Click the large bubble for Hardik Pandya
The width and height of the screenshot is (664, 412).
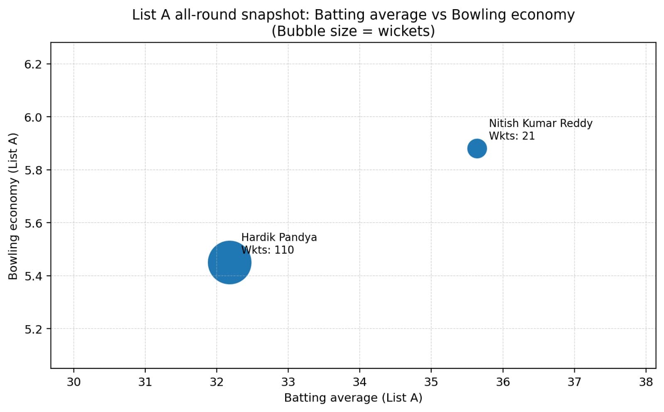229,262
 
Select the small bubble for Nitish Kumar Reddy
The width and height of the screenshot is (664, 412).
477,148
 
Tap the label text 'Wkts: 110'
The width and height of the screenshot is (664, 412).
268,250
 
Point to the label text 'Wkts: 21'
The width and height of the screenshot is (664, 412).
512,136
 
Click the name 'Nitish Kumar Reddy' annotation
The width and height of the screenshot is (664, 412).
540,123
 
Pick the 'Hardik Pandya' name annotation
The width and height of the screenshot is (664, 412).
279,238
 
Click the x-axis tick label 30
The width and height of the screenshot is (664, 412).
73,382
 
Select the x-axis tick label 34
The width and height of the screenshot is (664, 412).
359,382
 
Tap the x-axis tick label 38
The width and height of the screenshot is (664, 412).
646,382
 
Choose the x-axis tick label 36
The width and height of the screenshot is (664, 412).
503,382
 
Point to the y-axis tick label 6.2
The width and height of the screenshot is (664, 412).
33,64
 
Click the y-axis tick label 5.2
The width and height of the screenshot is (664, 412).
33,329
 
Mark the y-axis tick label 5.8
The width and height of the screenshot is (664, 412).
33,170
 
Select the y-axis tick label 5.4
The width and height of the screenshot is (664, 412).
33,276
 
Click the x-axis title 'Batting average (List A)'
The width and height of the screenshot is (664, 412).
353,398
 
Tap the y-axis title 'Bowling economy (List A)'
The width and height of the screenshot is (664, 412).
13,206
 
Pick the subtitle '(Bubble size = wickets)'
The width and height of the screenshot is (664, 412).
353,31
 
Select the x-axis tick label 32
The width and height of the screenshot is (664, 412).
217,382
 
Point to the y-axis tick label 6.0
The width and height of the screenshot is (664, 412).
33,117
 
